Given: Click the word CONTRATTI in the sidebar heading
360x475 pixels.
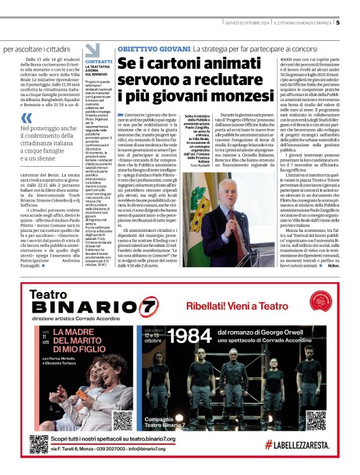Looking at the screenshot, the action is pos(98,62).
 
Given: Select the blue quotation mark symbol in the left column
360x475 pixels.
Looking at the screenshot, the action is pos(26,118).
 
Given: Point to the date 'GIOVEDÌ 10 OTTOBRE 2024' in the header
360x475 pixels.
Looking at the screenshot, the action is pos(247,24).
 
